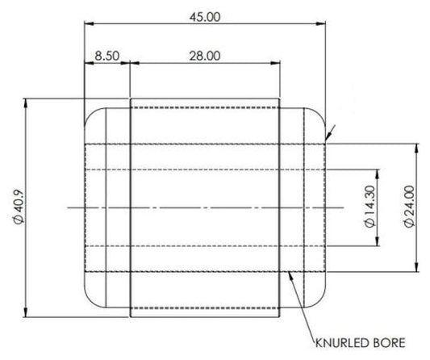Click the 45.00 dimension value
coord(205,17)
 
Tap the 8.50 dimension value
coord(107,56)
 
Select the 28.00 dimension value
coord(205,56)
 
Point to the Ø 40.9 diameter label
coord(19,207)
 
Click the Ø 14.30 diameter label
coord(370,207)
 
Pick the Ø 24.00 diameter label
coord(409,207)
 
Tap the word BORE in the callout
coord(390,343)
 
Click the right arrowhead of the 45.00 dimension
coord(321,23)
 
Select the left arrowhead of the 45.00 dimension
coord(90,23)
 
